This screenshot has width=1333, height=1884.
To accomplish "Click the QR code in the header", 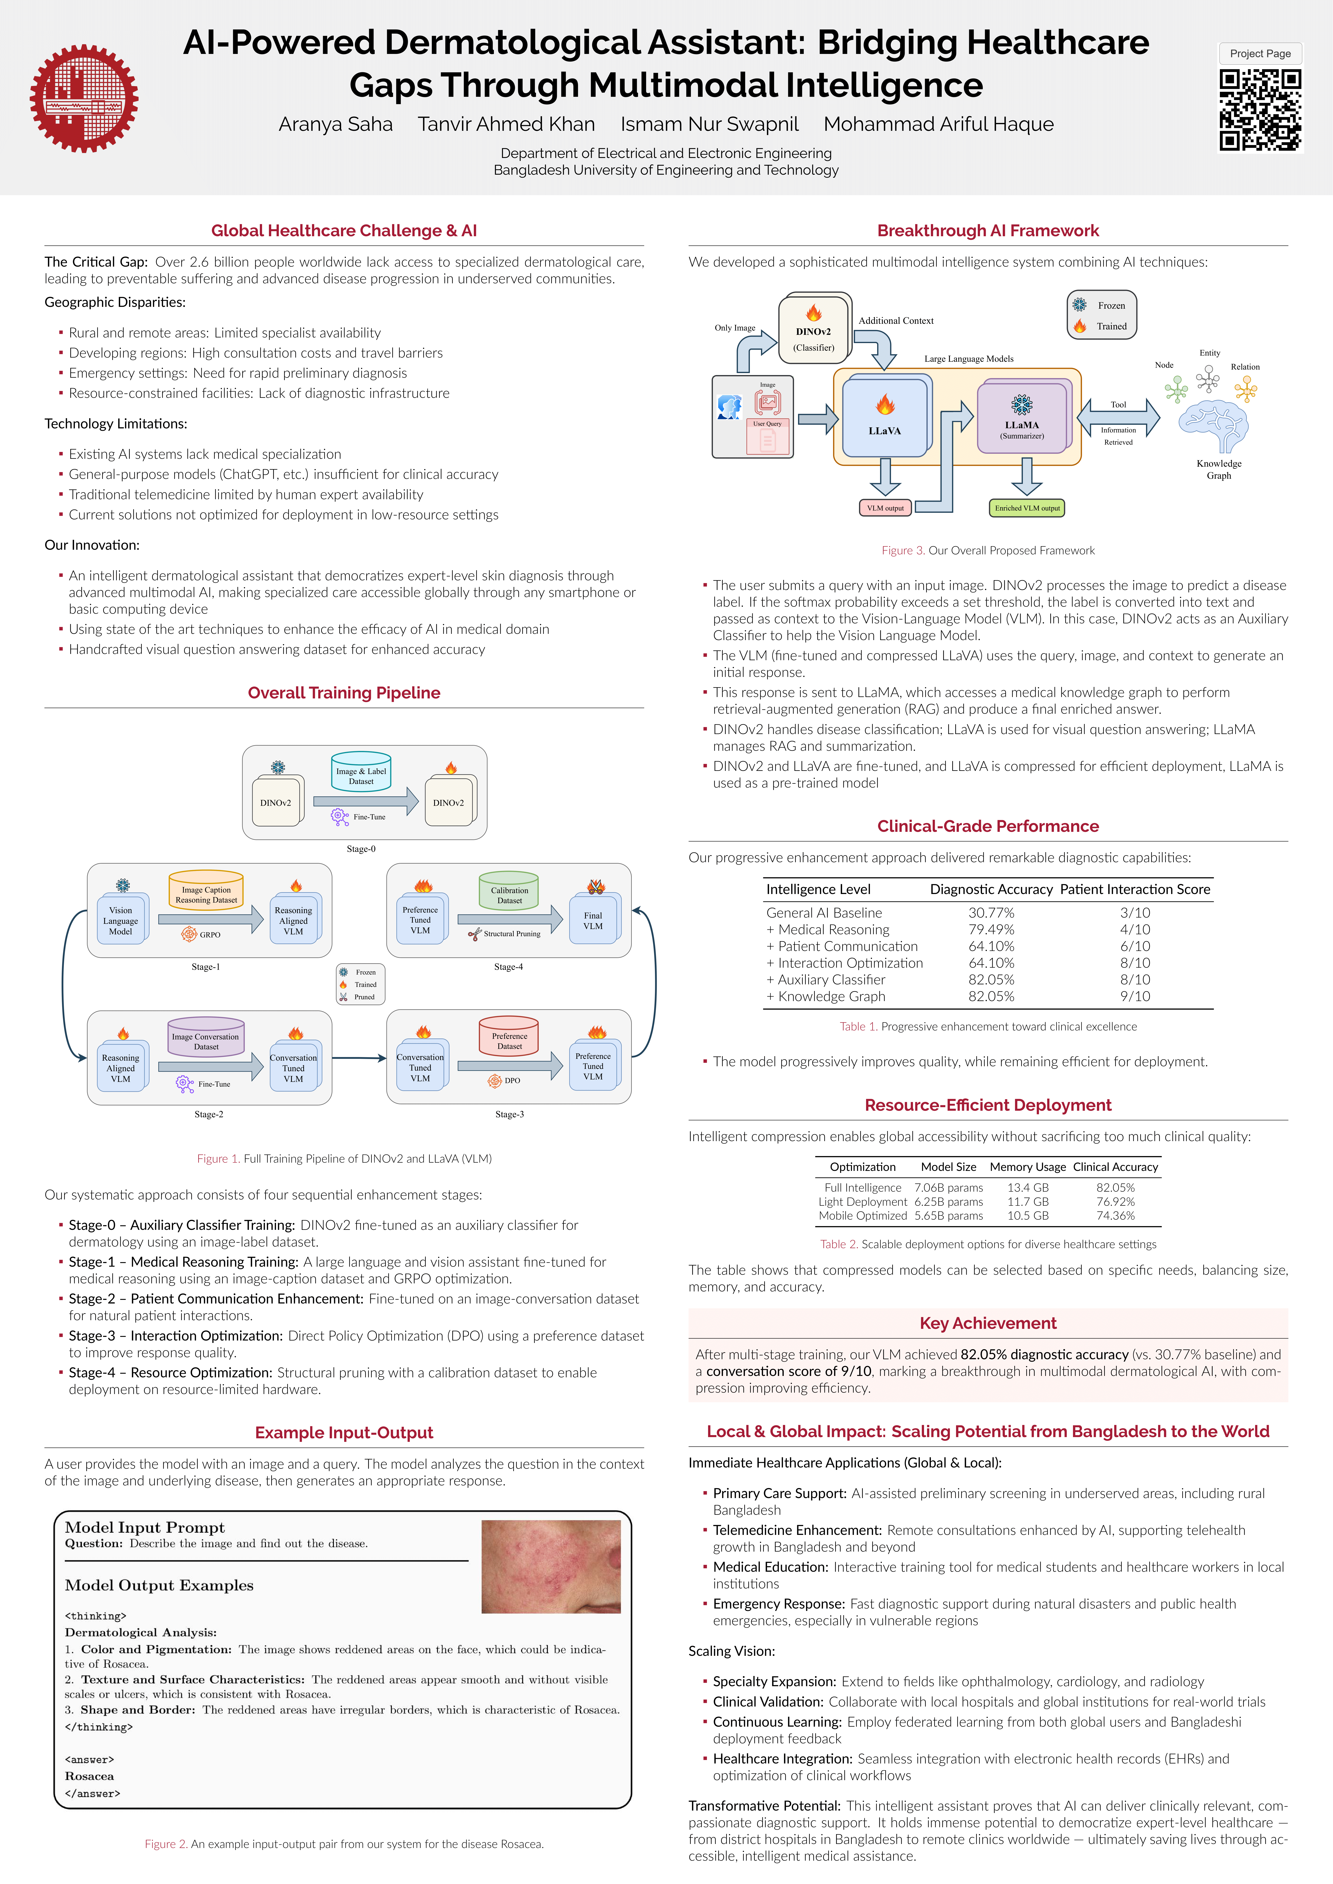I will click(1260, 110).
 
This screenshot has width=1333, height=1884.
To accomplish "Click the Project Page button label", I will click(1260, 53).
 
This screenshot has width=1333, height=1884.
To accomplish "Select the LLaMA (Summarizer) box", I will click(1022, 419).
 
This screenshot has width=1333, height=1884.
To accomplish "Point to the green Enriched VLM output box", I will click(1027, 508).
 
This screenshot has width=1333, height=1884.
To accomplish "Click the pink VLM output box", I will click(885, 508).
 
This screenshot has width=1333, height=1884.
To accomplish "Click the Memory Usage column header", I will click(1028, 1167).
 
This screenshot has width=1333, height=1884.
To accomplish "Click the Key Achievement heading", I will click(987, 1323).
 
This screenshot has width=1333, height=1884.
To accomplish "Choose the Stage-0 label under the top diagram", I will click(361, 849).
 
